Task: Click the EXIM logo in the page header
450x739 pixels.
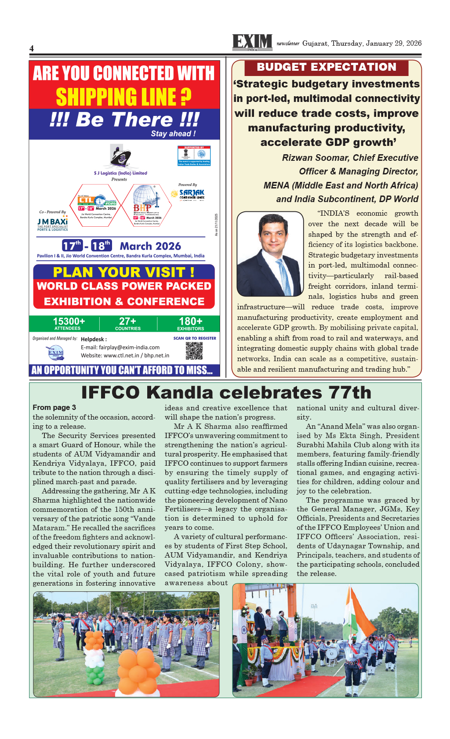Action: click(252, 43)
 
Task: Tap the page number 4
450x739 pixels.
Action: click(32, 48)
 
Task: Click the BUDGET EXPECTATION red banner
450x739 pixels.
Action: click(326, 67)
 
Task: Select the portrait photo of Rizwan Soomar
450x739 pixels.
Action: click(270, 254)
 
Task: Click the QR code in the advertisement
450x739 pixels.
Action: click(194, 351)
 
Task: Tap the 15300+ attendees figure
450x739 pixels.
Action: click(69, 322)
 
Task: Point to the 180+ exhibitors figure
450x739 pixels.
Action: click(190, 322)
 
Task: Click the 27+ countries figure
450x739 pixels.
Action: click(127, 322)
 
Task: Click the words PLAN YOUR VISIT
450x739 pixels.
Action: click(123, 272)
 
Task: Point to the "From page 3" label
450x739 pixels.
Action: click(54, 407)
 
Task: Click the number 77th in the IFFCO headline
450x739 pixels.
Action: click(347, 392)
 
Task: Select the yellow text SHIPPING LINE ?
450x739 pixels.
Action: click(123, 97)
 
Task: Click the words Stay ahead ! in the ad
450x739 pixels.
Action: click(173, 134)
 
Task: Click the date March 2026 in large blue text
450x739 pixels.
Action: click(150, 246)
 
